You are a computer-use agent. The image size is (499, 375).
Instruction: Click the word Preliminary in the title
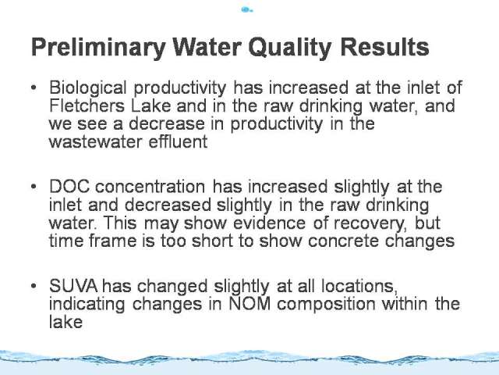(98, 47)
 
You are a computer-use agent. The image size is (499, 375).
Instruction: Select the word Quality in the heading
(289, 47)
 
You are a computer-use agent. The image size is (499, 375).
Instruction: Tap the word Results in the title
(384, 47)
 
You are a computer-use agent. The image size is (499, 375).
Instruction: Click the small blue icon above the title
(247, 10)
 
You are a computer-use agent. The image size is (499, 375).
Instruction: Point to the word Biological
(88, 87)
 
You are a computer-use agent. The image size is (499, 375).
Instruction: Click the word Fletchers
(87, 105)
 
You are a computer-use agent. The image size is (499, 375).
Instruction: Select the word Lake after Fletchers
(151, 105)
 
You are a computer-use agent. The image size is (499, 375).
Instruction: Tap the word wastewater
(95, 142)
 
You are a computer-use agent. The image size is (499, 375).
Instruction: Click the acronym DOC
(69, 187)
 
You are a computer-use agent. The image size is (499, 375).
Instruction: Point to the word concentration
(150, 187)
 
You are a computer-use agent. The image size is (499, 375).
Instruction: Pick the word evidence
(270, 223)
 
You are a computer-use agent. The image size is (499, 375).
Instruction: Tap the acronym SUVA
(73, 286)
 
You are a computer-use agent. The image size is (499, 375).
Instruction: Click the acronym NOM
(249, 304)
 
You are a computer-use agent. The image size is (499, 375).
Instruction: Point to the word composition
(326, 305)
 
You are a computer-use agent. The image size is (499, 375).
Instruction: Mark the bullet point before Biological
(34, 87)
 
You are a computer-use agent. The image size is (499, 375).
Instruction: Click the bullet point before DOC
(34, 187)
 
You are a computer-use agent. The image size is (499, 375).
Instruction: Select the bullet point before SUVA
(34, 286)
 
